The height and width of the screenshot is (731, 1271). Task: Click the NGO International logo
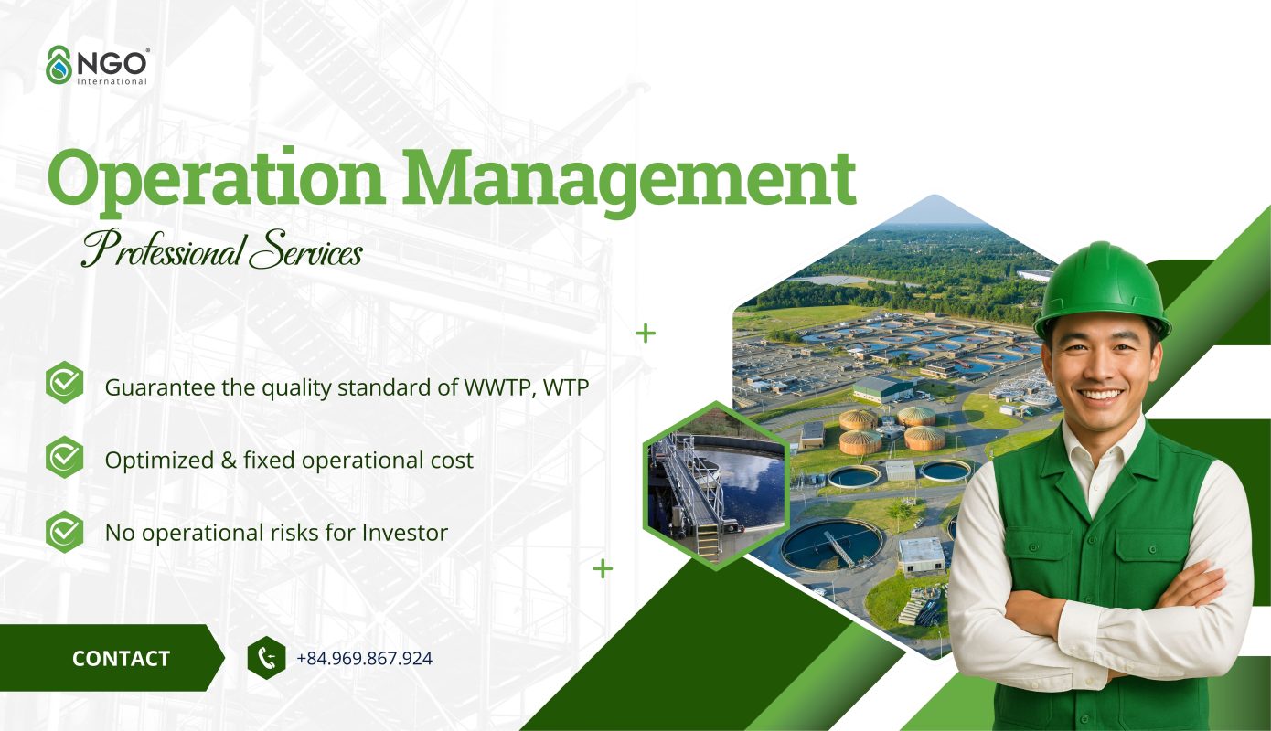[96, 66]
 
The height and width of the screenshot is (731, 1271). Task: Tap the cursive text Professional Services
[221, 249]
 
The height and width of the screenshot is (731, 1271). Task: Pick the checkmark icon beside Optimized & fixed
[65, 457]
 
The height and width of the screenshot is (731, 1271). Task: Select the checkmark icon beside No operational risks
[65, 530]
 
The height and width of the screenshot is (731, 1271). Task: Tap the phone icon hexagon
[266, 658]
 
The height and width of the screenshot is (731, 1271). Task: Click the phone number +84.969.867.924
[364, 658]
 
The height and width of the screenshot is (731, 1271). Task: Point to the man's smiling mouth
[1102, 395]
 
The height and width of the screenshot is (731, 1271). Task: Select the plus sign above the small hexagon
[646, 333]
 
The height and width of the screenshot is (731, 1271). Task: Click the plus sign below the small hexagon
[602, 568]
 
